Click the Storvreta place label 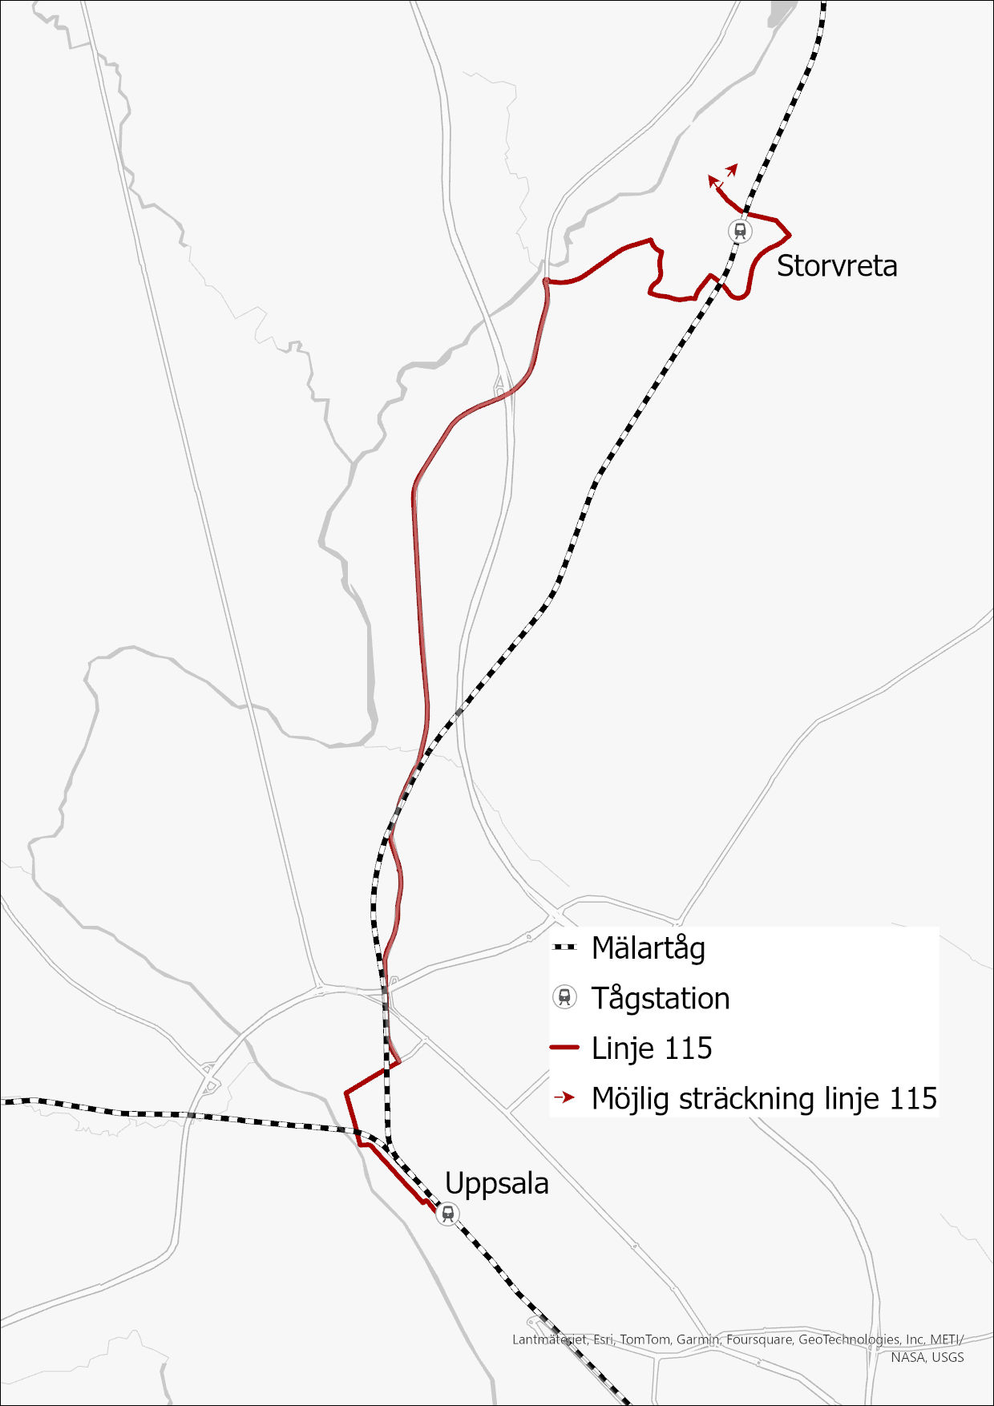tap(836, 266)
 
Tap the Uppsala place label tap(496, 1184)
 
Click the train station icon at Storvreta tap(740, 231)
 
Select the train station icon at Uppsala tap(447, 1214)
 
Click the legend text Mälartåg tap(648, 948)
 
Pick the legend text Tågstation tap(660, 999)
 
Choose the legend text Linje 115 tap(651, 1048)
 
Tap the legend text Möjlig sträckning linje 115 tap(763, 1099)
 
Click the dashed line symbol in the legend tap(565, 947)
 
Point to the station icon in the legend tap(565, 998)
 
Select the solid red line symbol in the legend tap(565, 1048)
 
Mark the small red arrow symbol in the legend tap(566, 1097)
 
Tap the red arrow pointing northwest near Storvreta tap(713, 181)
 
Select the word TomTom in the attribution tap(644, 1339)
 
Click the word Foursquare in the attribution tap(758, 1339)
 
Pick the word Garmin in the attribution tap(697, 1339)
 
